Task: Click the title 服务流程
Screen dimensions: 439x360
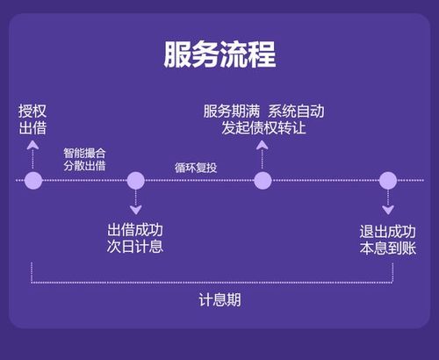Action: tap(219, 54)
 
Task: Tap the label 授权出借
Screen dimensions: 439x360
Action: tap(32, 119)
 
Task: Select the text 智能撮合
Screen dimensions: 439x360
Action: tap(84, 153)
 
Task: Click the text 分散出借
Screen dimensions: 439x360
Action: tap(84, 166)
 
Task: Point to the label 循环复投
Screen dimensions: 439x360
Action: tap(196, 168)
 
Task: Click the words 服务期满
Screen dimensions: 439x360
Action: tap(232, 112)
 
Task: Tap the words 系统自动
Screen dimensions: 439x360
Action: tap(296, 112)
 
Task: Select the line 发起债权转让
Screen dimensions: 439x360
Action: tap(263, 128)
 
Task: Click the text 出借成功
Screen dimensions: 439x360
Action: tap(135, 230)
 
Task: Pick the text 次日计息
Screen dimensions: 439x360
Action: tap(135, 247)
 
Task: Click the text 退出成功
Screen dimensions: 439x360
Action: tap(388, 232)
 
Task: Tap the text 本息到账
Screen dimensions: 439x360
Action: tap(388, 248)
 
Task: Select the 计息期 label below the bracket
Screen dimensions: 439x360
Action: tap(219, 300)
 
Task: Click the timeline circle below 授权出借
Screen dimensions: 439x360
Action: tap(33, 180)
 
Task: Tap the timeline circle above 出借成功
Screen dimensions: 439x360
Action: tap(136, 180)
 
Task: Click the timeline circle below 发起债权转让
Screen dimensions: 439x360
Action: tap(263, 180)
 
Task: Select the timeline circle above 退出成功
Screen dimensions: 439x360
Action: tap(388, 180)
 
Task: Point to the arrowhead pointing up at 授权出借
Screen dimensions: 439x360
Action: tap(32, 145)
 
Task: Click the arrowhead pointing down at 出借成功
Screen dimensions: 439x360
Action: tap(136, 210)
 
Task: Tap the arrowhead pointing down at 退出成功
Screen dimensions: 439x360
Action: tap(388, 210)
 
